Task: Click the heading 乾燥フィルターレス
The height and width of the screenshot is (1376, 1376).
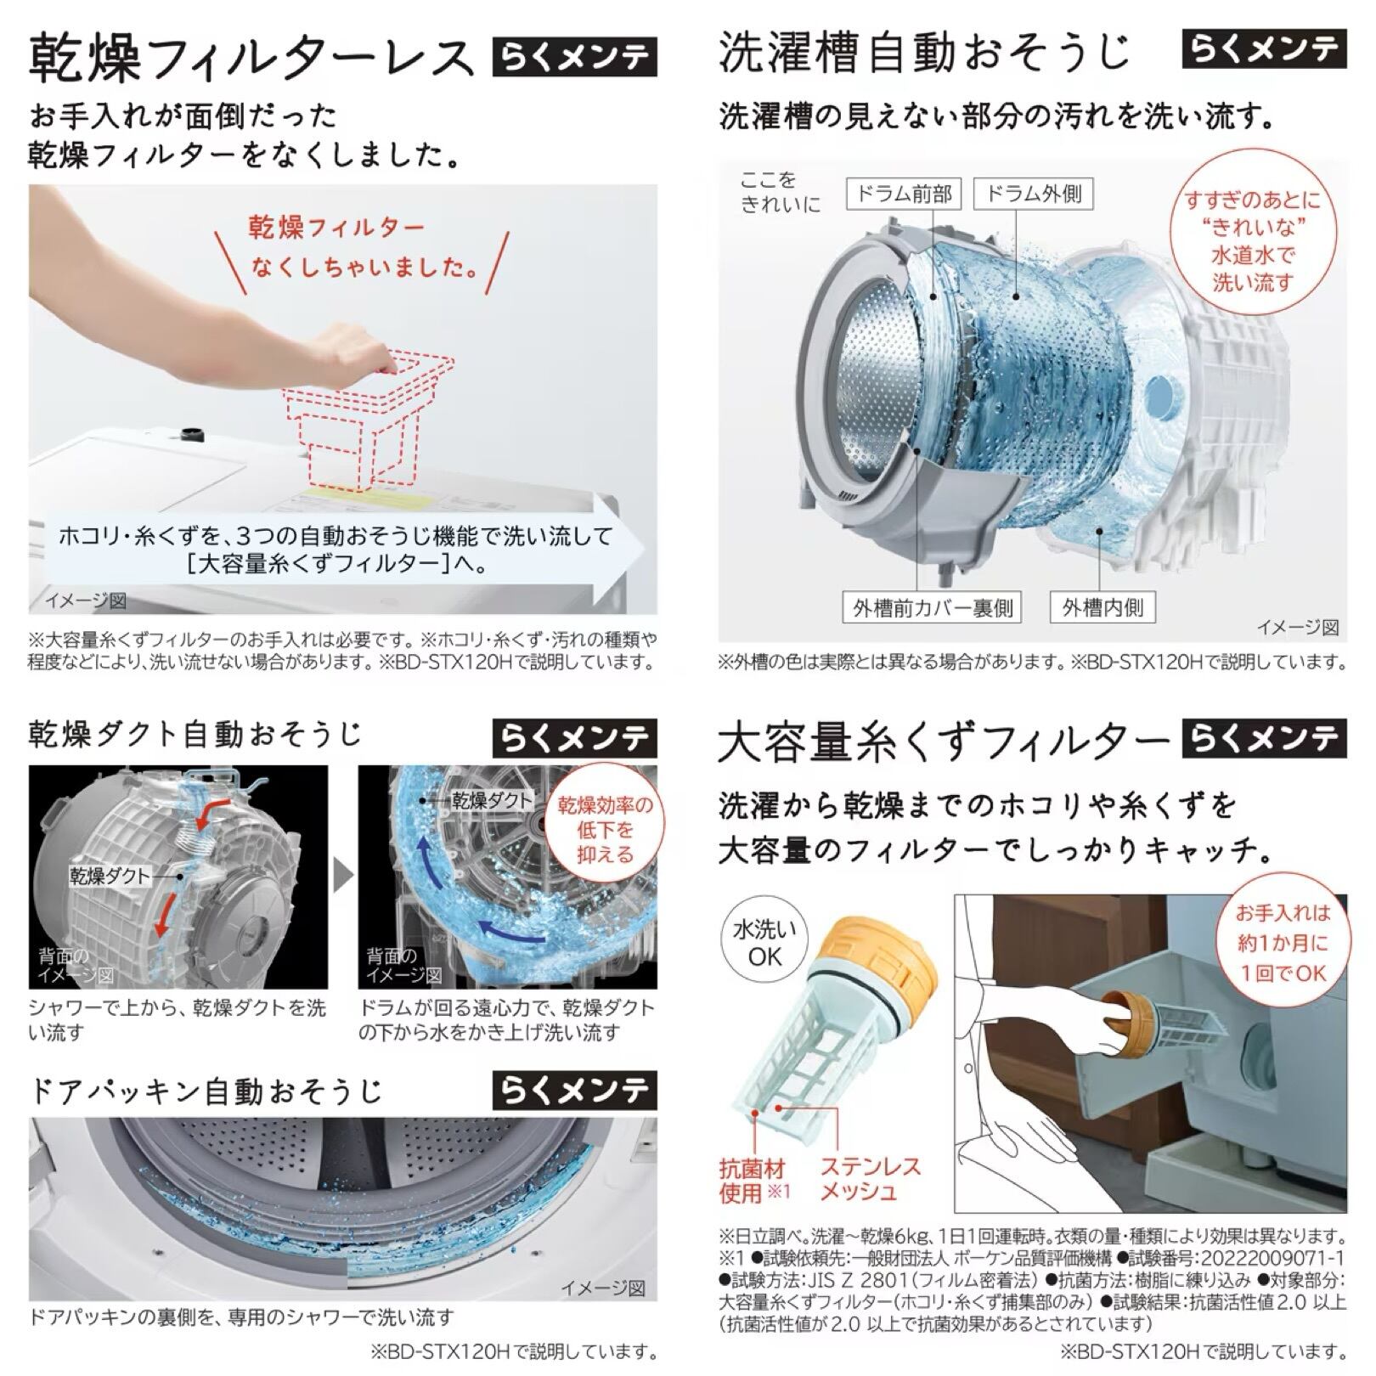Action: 250,58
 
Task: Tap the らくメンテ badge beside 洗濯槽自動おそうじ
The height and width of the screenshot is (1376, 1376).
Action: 1264,50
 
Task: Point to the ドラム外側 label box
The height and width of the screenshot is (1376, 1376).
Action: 1033,195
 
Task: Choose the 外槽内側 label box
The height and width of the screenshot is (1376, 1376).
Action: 1102,607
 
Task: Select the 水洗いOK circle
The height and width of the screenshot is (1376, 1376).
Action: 764,943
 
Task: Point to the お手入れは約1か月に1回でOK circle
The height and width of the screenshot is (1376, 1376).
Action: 1283,943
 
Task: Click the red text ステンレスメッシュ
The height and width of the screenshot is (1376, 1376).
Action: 870,1179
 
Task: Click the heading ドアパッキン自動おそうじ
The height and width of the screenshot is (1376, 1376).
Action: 206,1091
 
